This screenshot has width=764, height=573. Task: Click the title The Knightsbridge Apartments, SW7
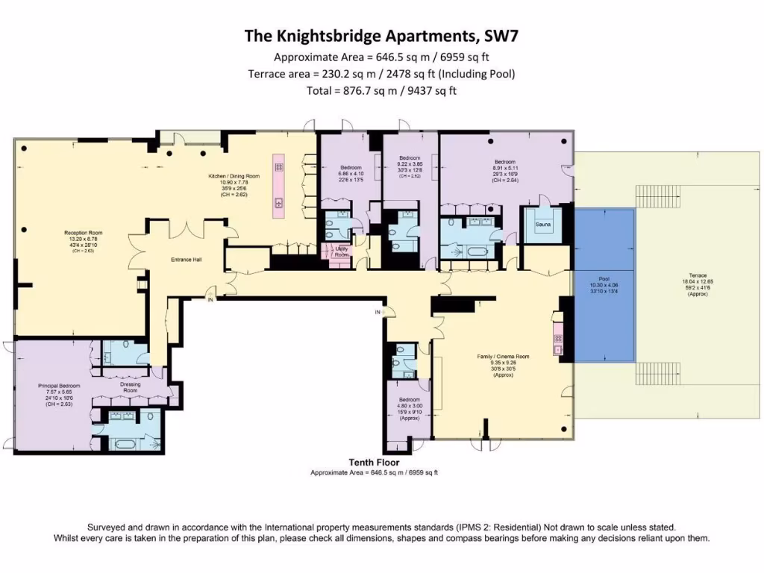(x=381, y=36)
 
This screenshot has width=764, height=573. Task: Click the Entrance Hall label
(x=187, y=260)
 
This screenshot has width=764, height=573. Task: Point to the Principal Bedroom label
(x=59, y=386)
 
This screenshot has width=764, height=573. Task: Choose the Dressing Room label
(x=131, y=388)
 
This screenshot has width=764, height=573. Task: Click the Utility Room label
(x=342, y=252)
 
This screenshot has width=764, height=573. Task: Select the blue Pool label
(x=604, y=278)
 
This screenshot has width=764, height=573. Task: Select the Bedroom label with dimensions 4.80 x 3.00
(x=409, y=401)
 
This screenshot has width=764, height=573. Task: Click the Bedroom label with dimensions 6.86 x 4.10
(x=351, y=167)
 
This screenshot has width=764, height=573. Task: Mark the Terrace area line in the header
(x=381, y=74)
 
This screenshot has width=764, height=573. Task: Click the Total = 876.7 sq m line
(x=381, y=91)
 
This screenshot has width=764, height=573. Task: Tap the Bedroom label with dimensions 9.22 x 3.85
(x=410, y=158)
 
